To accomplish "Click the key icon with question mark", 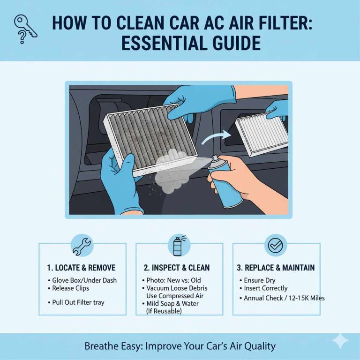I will tap(23, 28).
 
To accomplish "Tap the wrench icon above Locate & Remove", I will tap(82, 245).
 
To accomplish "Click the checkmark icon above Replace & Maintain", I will tap(276, 244).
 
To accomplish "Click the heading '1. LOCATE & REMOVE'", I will tap(81, 268).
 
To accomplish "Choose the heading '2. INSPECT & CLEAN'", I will tap(177, 268).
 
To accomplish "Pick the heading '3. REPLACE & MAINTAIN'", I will tap(276, 268).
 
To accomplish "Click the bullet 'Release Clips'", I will tap(71, 288).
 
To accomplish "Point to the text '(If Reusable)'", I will tap(164, 311).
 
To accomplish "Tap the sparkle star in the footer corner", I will tap(340, 341).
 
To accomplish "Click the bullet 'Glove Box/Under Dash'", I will tap(84, 280).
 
